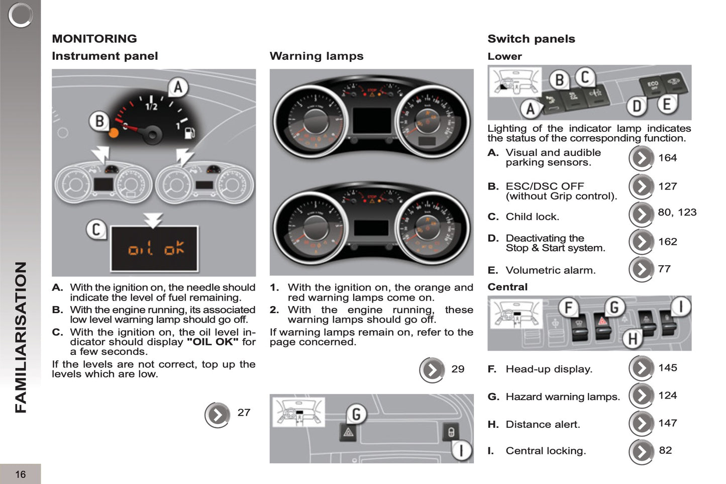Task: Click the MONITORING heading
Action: (x=94, y=39)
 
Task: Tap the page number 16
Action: (x=20, y=474)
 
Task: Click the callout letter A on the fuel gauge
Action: (x=177, y=87)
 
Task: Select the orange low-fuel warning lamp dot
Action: (x=114, y=133)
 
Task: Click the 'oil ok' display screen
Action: (x=154, y=248)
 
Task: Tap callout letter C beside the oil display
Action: (x=95, y=230)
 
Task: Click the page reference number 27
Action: (x=244, y=413)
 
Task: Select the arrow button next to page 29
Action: (x=432, y=370)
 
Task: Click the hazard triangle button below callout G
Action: (x=348, y=432)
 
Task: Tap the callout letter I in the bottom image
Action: (x=461, y=450)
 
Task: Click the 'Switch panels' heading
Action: (x=531, y=39)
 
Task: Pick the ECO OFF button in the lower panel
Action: (x=652, y=85)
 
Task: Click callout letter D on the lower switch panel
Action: (x=637, y=106)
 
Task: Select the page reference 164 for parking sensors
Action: (x=667, y=158)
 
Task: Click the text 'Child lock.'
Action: (x=532, y=217)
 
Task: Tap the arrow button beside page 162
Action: (x=641, y=242)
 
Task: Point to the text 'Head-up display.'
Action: (x=549, y=369)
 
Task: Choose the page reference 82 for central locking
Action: (x=665, y=450)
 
